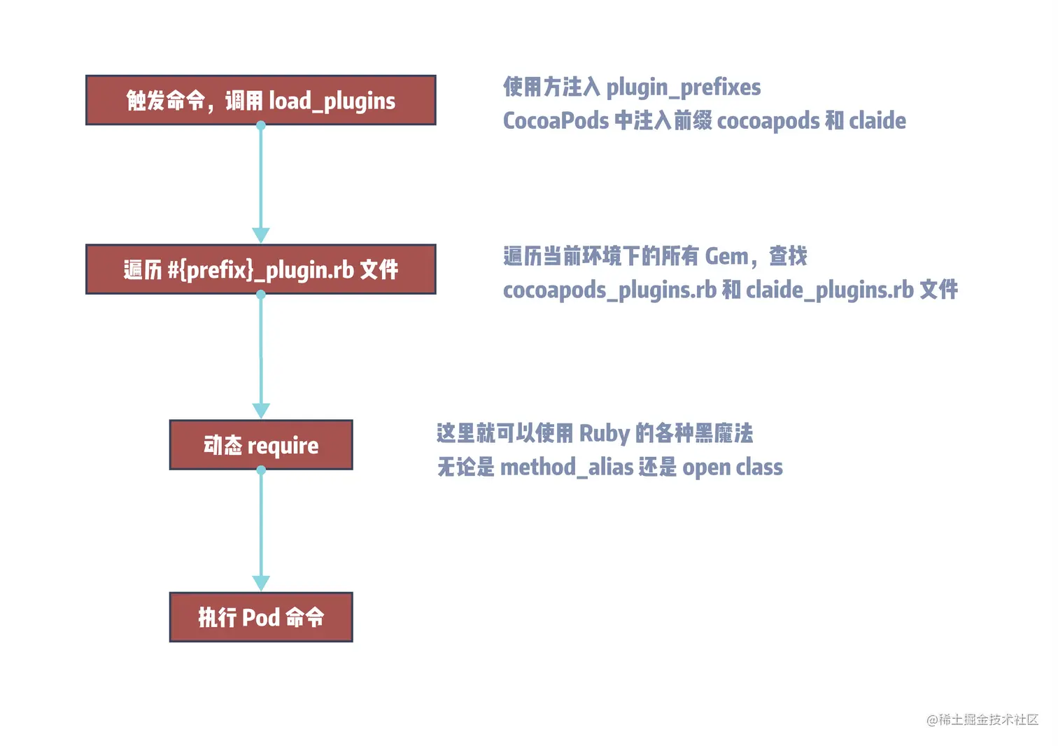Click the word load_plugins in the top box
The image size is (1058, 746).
332,101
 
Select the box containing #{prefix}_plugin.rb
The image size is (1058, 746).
261,269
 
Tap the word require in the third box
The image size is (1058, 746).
283,446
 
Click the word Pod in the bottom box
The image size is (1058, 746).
261,617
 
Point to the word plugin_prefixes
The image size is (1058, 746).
683,87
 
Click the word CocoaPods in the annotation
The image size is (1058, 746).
556,121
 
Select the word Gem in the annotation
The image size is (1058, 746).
726,257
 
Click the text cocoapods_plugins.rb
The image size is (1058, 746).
609,290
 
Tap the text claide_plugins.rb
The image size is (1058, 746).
830,290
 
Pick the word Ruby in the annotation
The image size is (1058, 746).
605,434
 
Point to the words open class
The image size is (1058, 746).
733,467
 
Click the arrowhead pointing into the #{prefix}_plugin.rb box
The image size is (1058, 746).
261,236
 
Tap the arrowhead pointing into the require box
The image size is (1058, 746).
261,411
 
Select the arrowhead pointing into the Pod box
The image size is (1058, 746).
261,584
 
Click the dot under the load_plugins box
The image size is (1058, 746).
261,126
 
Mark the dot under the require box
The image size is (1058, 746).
261,470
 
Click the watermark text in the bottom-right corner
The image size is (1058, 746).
982,719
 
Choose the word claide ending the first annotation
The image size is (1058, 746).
877,121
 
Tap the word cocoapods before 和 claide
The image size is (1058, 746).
768,121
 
